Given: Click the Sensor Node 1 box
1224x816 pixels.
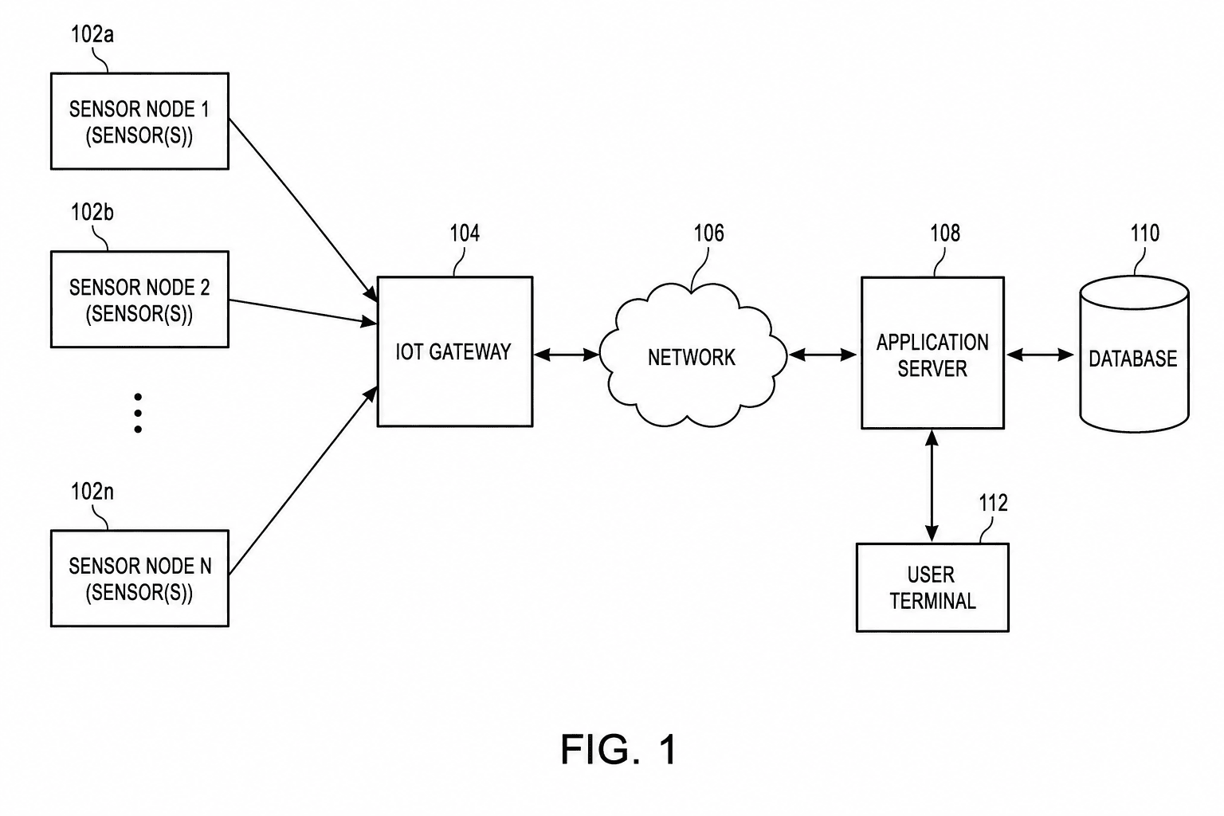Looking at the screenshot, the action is (x=139, y=121).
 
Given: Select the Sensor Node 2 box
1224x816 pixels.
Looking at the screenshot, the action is (x=139, y=299).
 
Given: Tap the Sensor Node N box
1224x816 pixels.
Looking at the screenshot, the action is (x=139, y=579).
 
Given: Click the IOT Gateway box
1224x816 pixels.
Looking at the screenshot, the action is (x=455, y=351).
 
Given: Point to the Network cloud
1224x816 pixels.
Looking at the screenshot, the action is (x=692, y=355).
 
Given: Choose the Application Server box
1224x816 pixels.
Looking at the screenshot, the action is (x=932, y=353).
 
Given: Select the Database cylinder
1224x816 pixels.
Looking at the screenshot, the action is (x=1134, y=354).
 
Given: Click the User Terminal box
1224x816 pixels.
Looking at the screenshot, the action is (x=932, y=587).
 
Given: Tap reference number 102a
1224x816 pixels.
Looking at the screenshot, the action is (x=92, y=34).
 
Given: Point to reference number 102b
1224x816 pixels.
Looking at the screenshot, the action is (x=92, y=212).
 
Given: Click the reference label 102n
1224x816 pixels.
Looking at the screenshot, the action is (x=92, y=492).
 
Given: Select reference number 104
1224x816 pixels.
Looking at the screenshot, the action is (x=465, y=233).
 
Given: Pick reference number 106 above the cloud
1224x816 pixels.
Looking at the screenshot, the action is (x=708, y=233).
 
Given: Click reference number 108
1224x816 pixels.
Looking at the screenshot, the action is (x=945, y=233).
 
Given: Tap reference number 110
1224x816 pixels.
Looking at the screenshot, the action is (x=1145, y=233).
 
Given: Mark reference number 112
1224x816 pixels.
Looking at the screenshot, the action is (x=993, y=503).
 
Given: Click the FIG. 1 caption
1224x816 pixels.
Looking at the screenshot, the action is (x=618, y=749).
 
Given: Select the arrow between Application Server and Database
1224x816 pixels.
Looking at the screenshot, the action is (x=1041, y=355).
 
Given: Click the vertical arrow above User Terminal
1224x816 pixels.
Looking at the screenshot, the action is (x=932, y=486).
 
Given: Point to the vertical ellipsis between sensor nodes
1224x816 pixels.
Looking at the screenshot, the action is (x=138, y=414).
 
